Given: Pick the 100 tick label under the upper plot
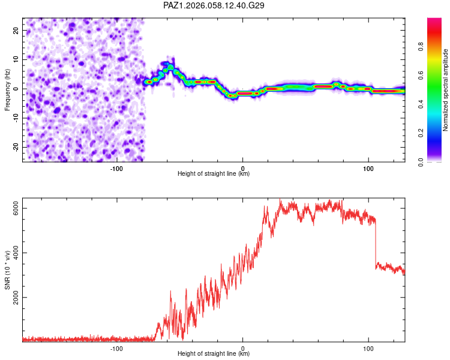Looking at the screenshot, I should pos(368,168).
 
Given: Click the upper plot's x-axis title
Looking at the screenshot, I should pos(214,174).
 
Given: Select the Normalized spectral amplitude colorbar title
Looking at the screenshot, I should pos(446,90).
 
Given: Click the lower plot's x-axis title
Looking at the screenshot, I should pos(214,354).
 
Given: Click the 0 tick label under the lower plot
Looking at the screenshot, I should pos(242,348).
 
